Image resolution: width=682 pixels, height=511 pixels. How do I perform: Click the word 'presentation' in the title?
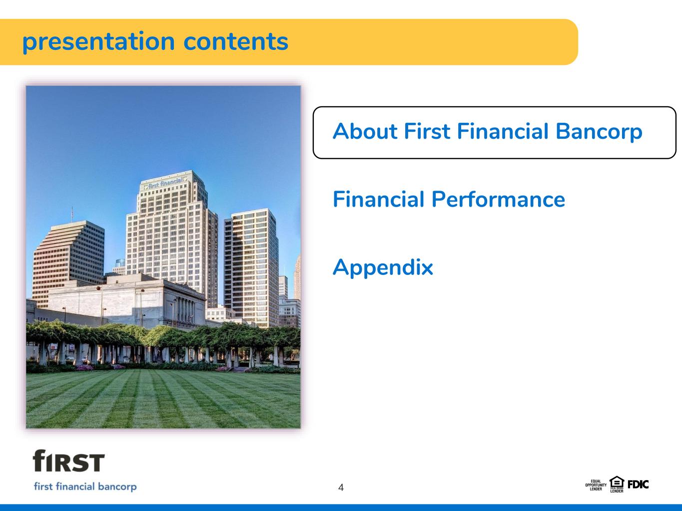(x=98, y=42)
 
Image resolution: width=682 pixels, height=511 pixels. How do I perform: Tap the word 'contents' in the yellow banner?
(x=236, y=41)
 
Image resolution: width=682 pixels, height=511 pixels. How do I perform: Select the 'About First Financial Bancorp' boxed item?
(x=494, y=132)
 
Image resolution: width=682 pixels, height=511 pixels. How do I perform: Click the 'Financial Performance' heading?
(x=449, y=199)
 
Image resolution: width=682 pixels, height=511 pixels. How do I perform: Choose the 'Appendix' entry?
(x=383, y=267)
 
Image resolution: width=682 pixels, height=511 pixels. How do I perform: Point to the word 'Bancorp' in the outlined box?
(x=599, y=132)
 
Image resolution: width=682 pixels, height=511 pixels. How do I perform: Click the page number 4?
(x=341, y=488)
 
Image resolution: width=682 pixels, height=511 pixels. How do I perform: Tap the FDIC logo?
(x=638, y=485)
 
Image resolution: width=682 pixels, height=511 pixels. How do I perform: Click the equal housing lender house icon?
(x=617, y=484)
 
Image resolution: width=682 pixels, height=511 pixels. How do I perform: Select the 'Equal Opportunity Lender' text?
(x=596, y=485)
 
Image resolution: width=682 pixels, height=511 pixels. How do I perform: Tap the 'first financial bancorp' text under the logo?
(x=85, y=487)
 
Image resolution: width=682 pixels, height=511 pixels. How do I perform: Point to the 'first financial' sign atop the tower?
(x=165, y=183)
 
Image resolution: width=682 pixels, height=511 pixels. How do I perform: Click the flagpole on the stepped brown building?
(x=72, y=214)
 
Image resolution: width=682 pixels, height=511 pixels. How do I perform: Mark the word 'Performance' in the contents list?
(x=498, y=200)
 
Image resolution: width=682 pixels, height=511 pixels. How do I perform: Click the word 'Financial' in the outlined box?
(x=503, y=131)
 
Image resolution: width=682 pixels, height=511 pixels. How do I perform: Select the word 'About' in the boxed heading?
(x=365, y=131)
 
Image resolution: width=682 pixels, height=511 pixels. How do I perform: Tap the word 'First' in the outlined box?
(x=427, y=131)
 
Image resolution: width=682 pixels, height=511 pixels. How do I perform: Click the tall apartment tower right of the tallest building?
(x=251, y=267)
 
